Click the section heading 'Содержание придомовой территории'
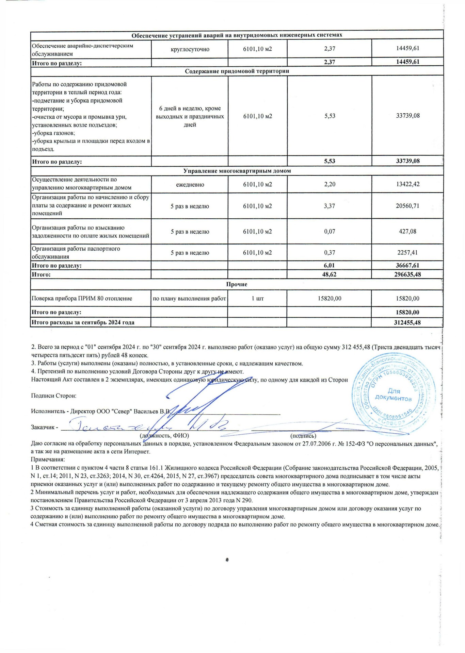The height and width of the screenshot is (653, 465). point(237,71)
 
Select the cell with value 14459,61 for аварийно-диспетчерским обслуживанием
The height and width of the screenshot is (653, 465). point(407,48)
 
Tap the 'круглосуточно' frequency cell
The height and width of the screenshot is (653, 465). point(190,49)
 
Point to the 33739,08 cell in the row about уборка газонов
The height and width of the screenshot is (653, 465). point(407,116)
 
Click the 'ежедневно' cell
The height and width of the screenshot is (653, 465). point(190,185)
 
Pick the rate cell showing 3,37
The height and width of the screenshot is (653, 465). point(330,206)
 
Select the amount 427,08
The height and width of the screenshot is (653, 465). point(407,231)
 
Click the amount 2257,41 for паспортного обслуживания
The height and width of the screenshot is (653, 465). point(407,252)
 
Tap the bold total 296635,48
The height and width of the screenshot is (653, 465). point(407,274)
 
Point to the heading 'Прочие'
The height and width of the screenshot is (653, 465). point(237,284)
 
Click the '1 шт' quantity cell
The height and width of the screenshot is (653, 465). point(257,298)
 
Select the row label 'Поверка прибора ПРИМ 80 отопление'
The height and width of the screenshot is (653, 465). point(82,298)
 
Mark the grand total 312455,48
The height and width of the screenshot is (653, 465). point(407,322)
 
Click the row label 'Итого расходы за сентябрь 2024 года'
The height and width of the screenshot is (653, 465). point(83,322)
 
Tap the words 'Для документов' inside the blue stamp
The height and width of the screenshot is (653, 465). point(394,395)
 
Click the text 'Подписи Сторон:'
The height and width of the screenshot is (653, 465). point(53,396)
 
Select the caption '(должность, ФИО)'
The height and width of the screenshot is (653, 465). point(164,435)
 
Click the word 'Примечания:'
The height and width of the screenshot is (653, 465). point(45,459)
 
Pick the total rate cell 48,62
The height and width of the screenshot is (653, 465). point(329,274)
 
